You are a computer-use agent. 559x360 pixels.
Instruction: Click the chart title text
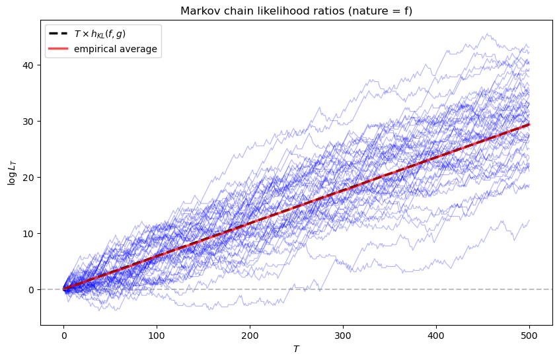297,11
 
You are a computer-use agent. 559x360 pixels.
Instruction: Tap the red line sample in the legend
59,49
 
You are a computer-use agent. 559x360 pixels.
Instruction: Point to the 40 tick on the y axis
30,65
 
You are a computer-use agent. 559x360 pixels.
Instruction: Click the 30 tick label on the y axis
30,122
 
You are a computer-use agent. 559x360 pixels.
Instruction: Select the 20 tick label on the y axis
30,178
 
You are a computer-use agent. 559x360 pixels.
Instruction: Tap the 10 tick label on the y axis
30,234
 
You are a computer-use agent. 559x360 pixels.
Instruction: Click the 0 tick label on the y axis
33,290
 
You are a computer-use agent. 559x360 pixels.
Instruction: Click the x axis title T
297,348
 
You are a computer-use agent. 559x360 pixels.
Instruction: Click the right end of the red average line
529,125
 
